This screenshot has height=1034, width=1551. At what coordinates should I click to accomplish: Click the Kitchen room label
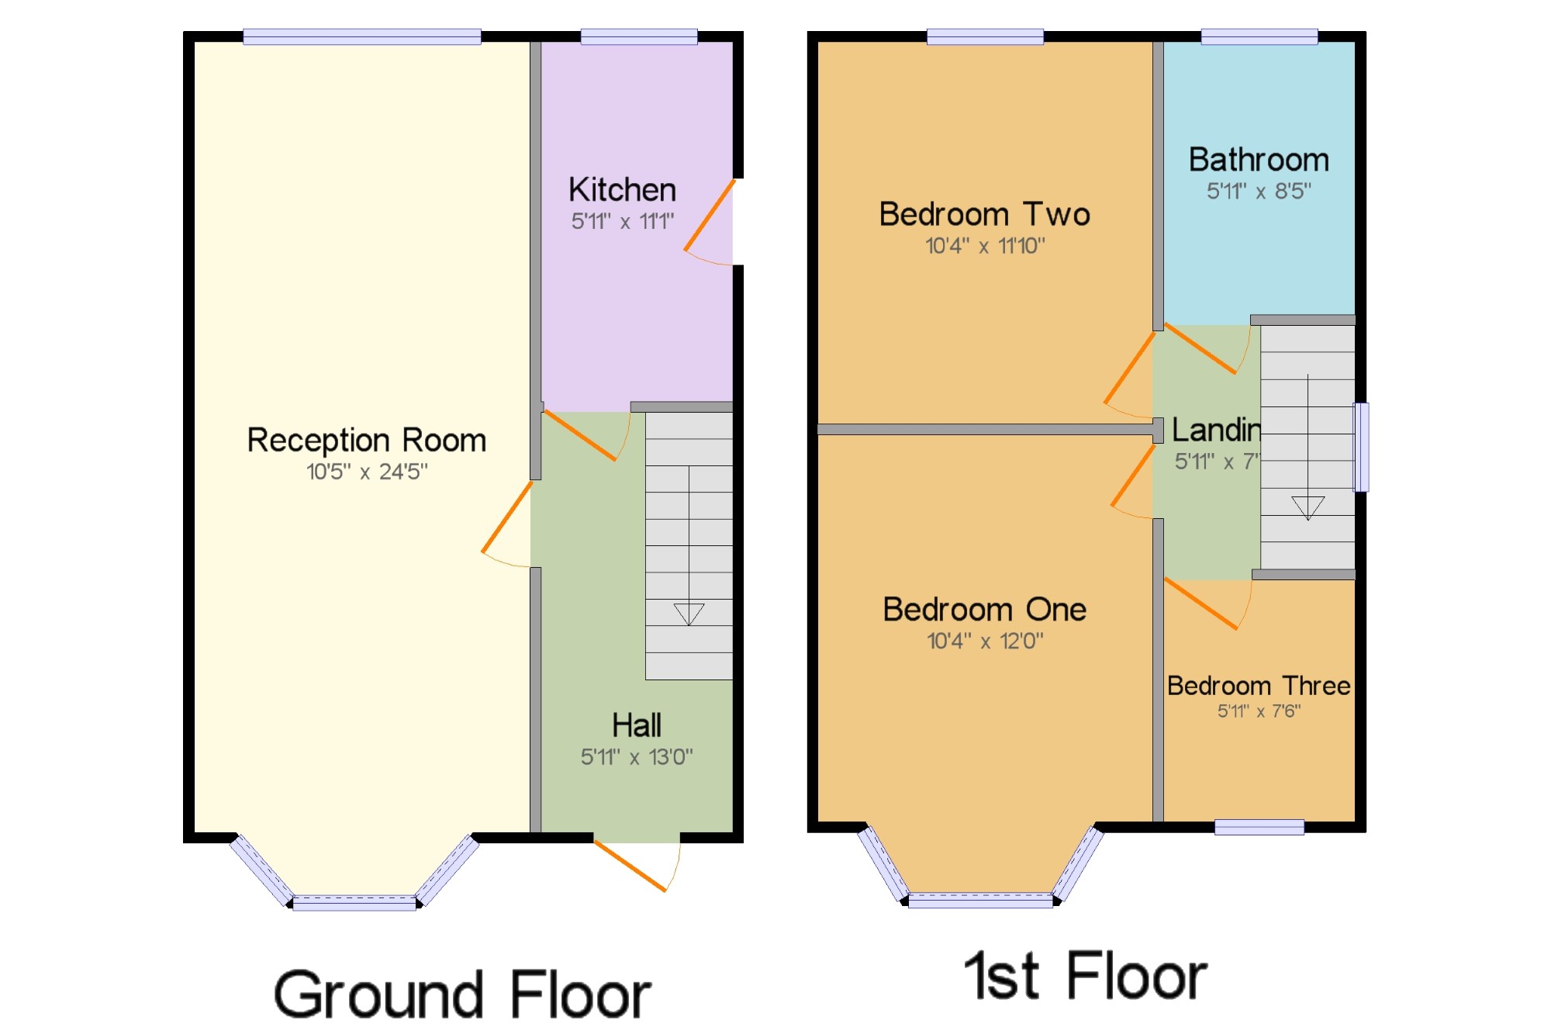tap(622, 189)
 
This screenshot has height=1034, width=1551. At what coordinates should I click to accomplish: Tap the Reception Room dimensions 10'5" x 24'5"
tap(367, 472)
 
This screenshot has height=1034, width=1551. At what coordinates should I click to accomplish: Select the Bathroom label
tap(1259, 160)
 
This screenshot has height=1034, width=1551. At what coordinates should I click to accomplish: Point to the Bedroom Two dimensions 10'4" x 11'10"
tap(985, 246)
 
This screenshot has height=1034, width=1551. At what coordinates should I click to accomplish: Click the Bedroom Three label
tap(1259, 686)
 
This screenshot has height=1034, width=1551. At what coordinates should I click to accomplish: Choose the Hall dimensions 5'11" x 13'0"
tap(637, 757)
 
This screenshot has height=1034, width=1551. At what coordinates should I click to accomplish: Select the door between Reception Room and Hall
tap(507, 517)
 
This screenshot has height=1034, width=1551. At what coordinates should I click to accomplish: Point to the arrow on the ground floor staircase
tap(689, 614)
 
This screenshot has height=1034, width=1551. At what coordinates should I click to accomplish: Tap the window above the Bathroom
tap(1259, 36)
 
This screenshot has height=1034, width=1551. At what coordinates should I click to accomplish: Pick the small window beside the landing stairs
tap(1361, 447)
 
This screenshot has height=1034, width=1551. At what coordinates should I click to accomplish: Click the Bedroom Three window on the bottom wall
tap(1259, 828)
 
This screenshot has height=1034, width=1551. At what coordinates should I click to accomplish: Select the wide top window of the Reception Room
tap(361, 36)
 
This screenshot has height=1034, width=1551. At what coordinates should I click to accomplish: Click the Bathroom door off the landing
tap(1201, 349)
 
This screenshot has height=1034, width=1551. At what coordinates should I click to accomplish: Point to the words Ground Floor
tap(462, 995)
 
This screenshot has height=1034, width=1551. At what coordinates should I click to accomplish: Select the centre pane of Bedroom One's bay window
tap(980, 901)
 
